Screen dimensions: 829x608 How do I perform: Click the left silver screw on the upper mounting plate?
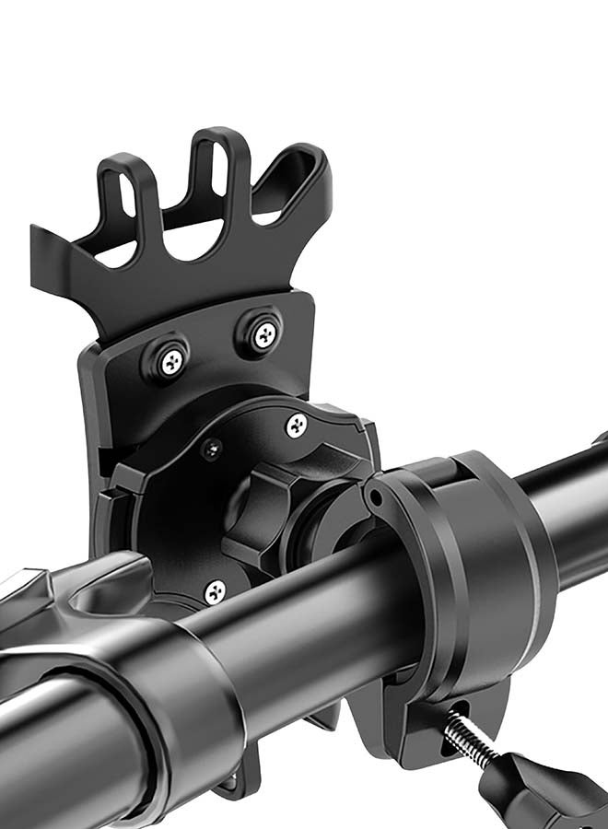coord(173,362)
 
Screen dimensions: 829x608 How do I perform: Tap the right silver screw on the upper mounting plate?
coord(266,333)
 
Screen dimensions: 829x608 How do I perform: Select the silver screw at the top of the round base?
coord(296,426)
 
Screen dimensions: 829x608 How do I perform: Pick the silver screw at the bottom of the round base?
coord(215,590)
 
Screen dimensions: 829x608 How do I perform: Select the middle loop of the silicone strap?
coord(214,175)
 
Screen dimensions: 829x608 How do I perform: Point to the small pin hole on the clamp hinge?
coord(372,501)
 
